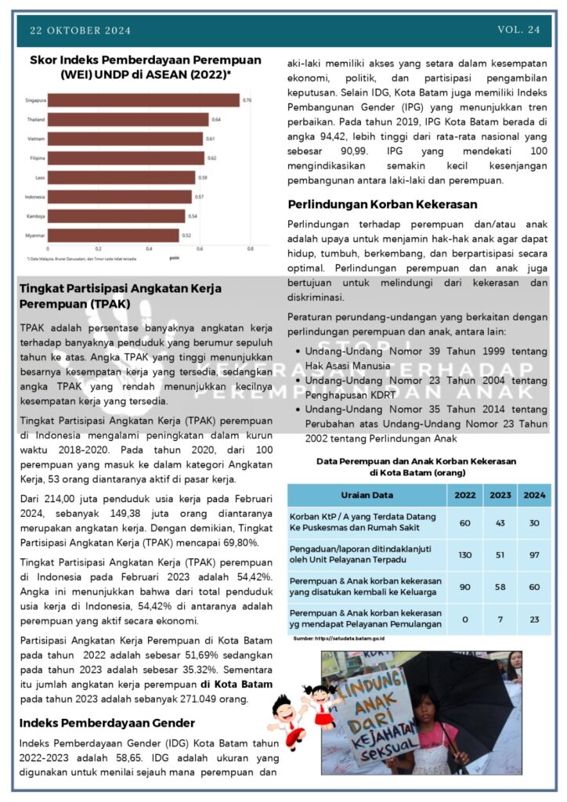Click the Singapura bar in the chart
pyautogui.click(x=145, y=101)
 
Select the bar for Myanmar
pyautogui.click(x=114, y=235)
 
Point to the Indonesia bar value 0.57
pyautogui.click(x=200, y=197)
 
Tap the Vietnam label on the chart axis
pyautogui.click(x=36, y=139)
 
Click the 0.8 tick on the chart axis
pyautogui.click(x=250, y=249)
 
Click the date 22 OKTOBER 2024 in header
pyautogui.click(x=81, y=31)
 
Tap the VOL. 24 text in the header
pyautogui.click(x=518, y=30)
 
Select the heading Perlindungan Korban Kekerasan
pyautogui.click(x=382, y=204)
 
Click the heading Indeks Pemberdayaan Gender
pyautogui.click(x=107, y=722)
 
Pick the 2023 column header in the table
pyautogui.click(x=500, y=495)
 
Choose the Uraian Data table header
pyautogui.click(x=367, y=495)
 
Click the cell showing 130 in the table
pyautogui.click(x=464, y=555)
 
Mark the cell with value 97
pyautogui.click(x=536, y=555)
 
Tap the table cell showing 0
pyautogui.click(x=464, y=619)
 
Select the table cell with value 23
pyautogui.click(x=536, y=619)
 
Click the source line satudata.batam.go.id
pyautogui.click(x=344, y=639)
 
